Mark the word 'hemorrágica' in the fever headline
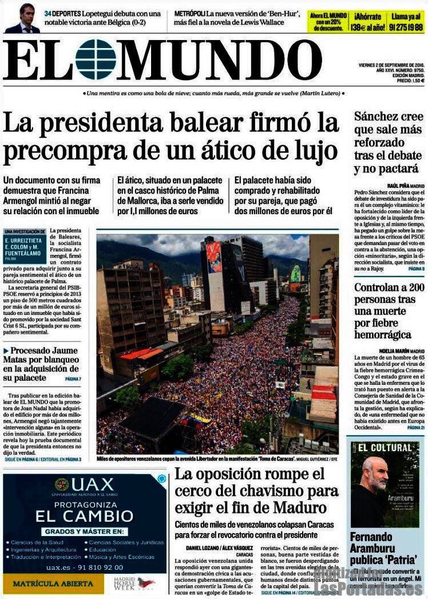point(382,334)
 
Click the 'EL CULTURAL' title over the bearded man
point(385,447)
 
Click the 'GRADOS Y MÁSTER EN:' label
point(84,531)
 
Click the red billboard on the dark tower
point(214,257)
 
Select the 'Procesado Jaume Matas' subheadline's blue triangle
point(6,350)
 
